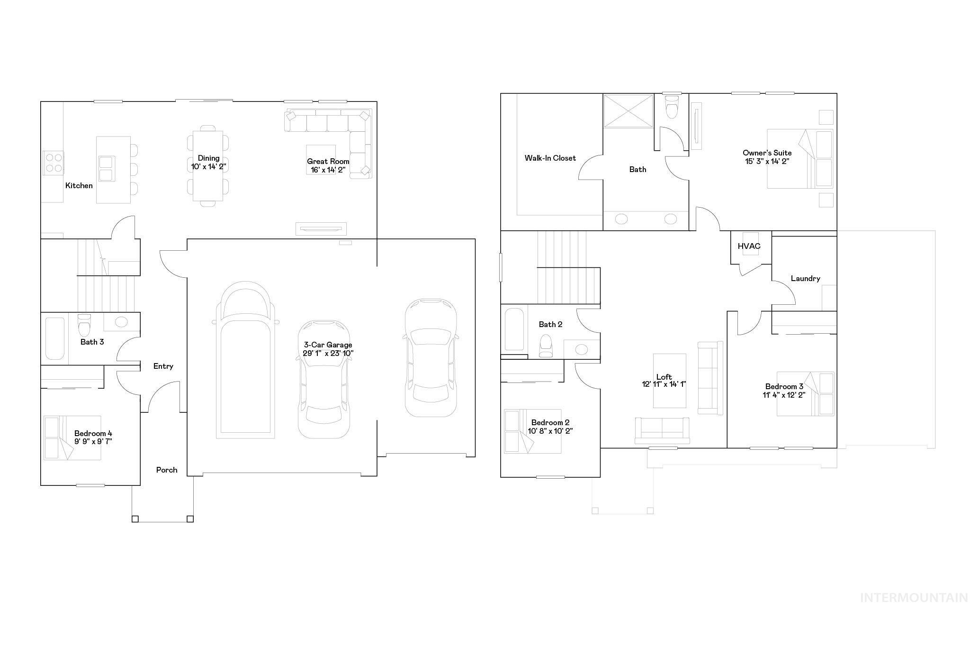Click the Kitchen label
(x=79, y=186)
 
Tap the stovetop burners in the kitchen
(x=54, y=162)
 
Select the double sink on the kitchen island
(x=107, y=168)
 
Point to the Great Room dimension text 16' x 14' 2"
(x=328, y=170)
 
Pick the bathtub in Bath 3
(x=54, y=338)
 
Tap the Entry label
(x=163, y=366)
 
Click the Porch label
(x=167, y=470)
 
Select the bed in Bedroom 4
(x=72, y=437)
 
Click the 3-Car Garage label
(x=328, y=345)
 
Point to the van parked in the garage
(x=245, y=360)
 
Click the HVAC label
(x=749, y=246)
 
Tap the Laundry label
(x=805, y=279)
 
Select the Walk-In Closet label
(x=550, y=158)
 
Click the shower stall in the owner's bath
(x=629, y=111)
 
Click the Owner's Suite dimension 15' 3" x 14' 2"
(x=767, y=161)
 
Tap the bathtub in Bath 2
(x=514, y=329)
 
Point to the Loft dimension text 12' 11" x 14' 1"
(x=664, y=384)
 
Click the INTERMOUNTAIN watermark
(x=914, y=598)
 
